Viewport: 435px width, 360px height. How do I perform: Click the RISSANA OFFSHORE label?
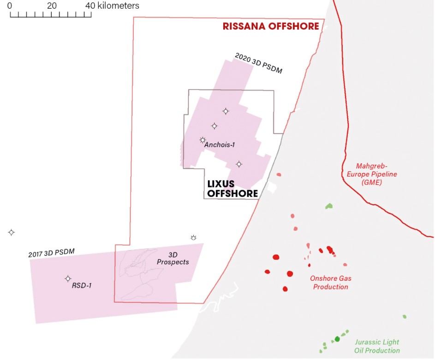(271, 26)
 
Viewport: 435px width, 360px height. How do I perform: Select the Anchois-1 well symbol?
(203, 140)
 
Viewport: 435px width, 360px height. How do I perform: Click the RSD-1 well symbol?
(68, 279)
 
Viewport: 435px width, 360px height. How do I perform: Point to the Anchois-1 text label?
(220, 145)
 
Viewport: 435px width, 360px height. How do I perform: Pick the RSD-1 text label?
(82, 285)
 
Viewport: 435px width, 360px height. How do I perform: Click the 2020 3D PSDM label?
(258, 64)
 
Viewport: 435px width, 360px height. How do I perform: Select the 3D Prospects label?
(173, 258)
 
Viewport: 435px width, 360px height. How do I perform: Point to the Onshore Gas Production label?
(329, 282)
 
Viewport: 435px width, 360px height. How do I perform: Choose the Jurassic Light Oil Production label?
(377, 346)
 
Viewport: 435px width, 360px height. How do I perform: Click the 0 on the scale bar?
(10, 6)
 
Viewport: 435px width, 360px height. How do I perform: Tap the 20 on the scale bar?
(51, 6)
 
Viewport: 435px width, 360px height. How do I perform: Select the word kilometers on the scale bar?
(118, 6)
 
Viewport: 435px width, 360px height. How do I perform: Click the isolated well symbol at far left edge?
(12, 232)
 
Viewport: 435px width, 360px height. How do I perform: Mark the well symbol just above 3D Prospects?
(193, 238)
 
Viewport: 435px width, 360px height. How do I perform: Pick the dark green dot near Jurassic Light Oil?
(337, 339)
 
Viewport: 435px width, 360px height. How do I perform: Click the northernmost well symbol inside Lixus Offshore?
(226, 111)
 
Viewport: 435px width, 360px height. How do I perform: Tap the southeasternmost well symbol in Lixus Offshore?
(239, 164)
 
